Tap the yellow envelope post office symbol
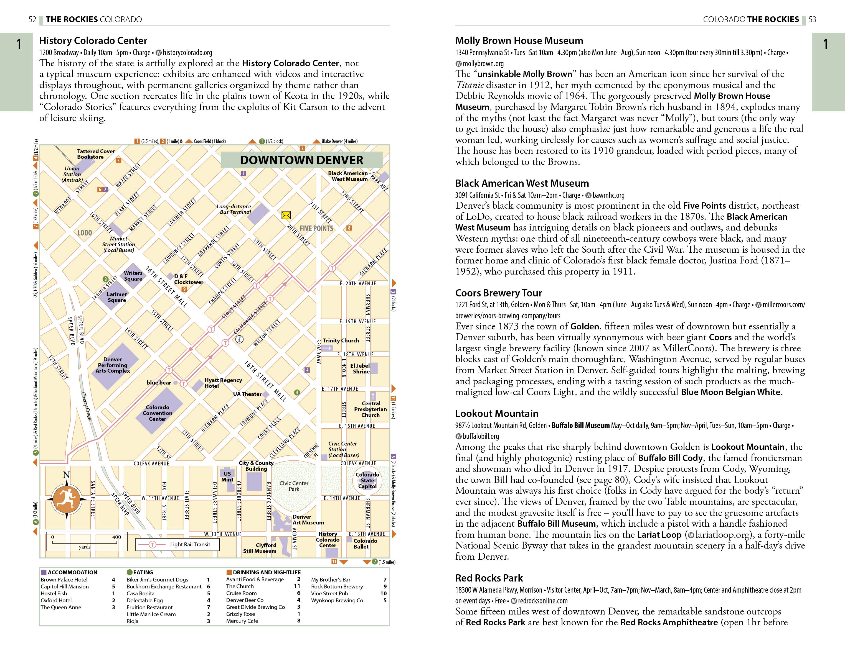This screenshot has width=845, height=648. click(x=286, y=215)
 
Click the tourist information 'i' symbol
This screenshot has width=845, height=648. click(x=239, y=339)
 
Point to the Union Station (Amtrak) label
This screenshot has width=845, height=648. click(x=72, y=174)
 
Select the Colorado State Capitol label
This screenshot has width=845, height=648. click(x=367, y=480)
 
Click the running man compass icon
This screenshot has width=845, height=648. click(x=66, y=498)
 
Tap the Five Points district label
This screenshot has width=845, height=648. click(x=316, y=228)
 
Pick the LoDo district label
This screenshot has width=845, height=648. click(x=85, y=233)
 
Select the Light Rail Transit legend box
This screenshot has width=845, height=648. click(x=177, y=544)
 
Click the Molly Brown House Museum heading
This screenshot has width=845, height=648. click(x=519, y=40)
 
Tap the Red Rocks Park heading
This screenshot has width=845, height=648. click(x=489, y=578)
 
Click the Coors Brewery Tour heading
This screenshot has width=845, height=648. click(x=498, y=293)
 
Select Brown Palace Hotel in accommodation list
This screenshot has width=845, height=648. click(x=64, y=579)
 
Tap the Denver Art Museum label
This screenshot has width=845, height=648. click(x=308, y=519)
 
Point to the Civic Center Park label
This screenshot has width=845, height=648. click(x=294, y=486)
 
